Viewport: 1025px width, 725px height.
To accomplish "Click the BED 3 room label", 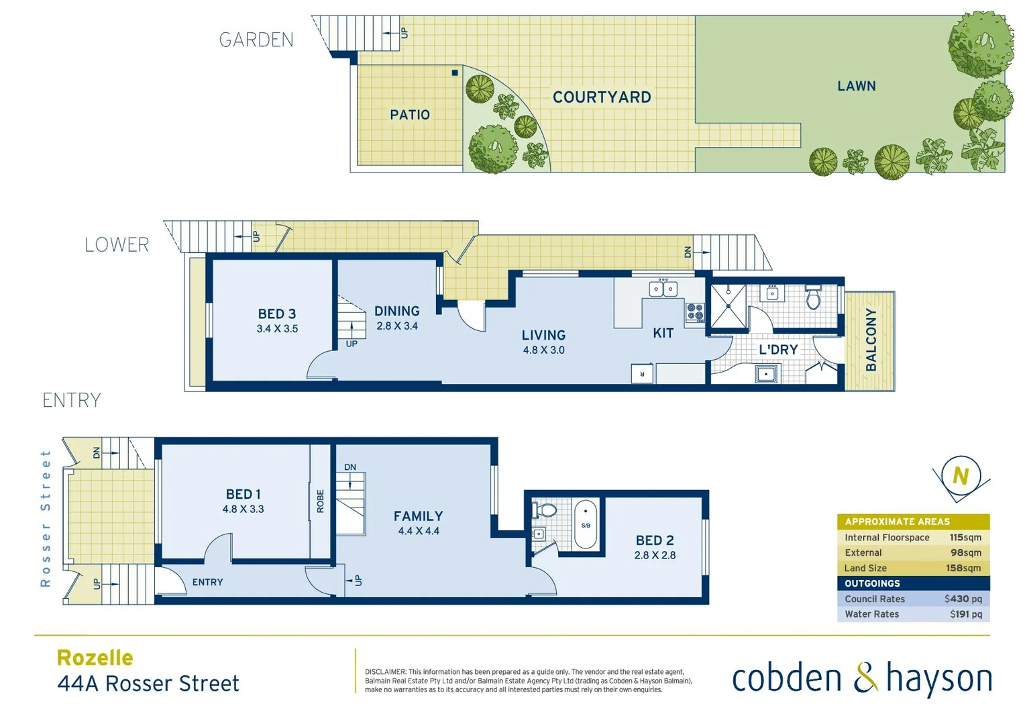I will [x=276, y=313].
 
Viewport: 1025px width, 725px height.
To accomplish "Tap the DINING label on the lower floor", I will [x=396, y=311].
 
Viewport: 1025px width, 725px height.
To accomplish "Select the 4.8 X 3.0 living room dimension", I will [x=543, y=350].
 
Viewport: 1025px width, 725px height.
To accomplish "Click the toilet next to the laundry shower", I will [x=813, y=297].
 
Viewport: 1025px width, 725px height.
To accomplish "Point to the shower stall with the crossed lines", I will [x=728, y=307].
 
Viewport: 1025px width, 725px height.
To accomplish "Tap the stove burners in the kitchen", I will [x=695, y=312].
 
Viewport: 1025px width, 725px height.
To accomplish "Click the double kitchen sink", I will [x=663, y=289].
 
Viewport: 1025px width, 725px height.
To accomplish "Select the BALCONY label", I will [x=871, y=340].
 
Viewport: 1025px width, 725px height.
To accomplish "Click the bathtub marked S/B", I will [x=586, y=524].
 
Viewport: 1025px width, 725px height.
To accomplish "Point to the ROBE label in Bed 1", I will [x=320, y=501].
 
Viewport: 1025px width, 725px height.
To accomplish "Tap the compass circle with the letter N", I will [x=961, y=476].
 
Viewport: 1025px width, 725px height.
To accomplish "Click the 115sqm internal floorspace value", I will [x=965, y=537].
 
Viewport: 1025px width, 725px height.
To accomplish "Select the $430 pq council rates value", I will [x=963, y=599].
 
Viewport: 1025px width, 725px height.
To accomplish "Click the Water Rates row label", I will [x=871, y=614].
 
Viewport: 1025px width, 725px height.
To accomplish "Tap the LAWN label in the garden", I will [x=856, y=86].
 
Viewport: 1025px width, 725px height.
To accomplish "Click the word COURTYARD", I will [x=602, y=97].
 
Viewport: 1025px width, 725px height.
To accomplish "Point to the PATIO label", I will [x=410, y=115].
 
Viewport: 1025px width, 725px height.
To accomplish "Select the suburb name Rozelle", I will [x=95, y=658].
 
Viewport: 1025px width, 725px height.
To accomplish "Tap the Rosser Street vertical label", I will [x=46, y=518].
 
